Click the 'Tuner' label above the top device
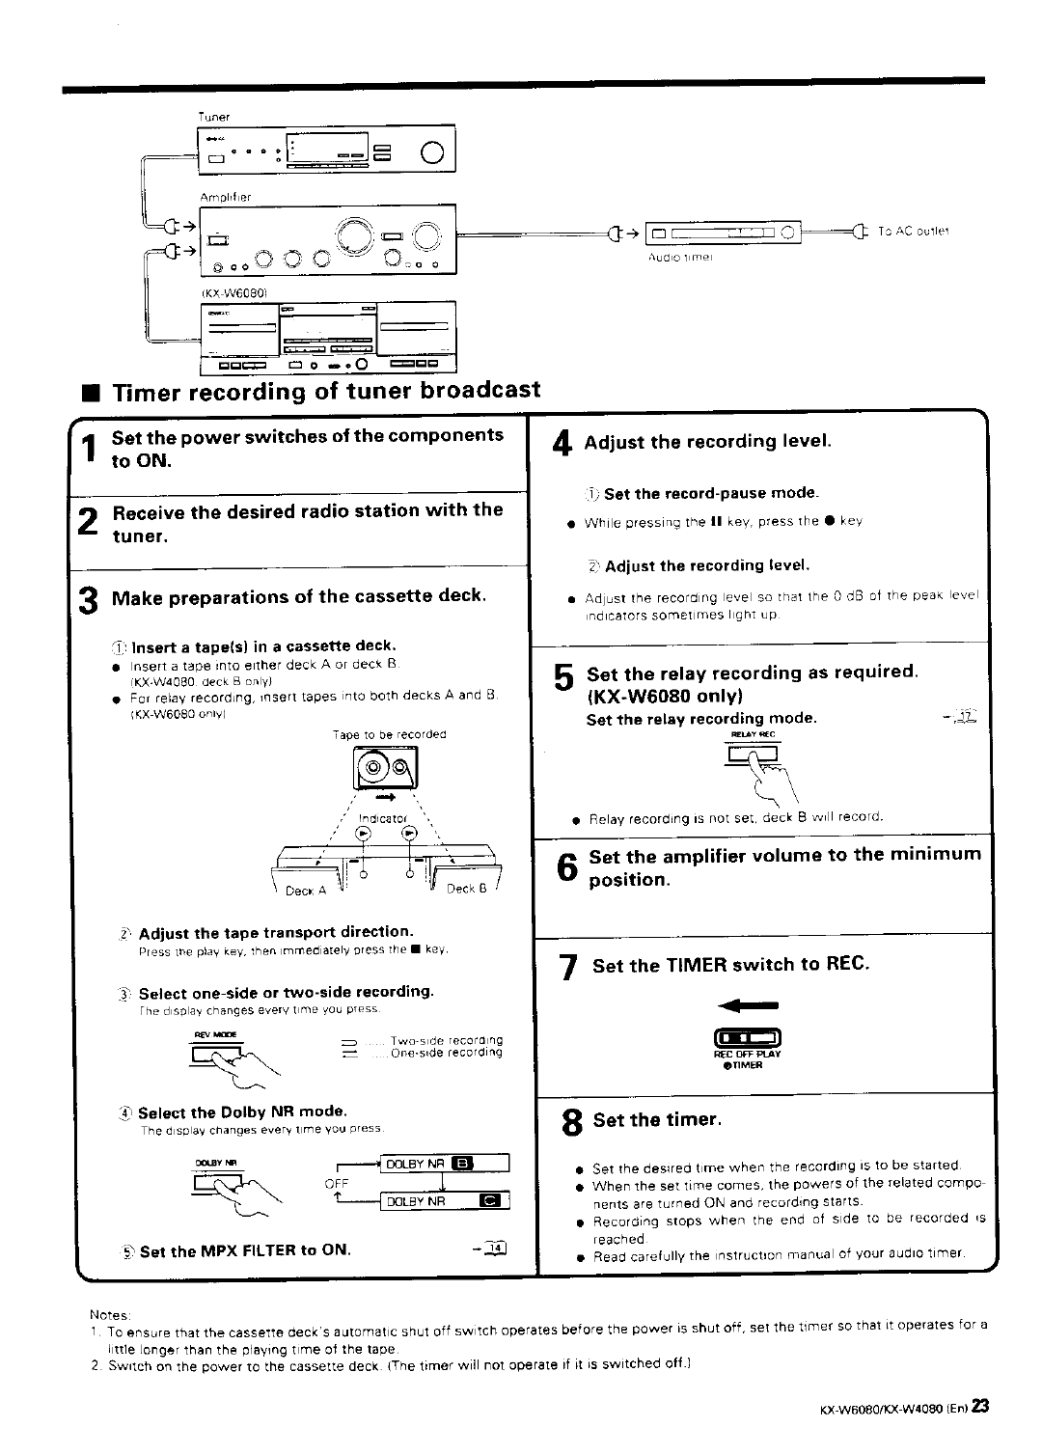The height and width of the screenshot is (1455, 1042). pyautogui.click(x=213, y=117)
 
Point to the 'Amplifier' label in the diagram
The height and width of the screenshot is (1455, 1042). pyautogui.click(x=225, y=197)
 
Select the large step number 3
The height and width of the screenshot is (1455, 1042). pyautogui.click(x=88, y=600)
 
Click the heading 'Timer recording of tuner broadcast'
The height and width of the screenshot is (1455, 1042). pyautogui.click(x=326, y=390)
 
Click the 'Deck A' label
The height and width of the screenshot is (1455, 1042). pyautogui.click(x=307, y=891)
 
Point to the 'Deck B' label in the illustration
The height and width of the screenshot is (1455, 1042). pyautogui.click(x=466, y=889)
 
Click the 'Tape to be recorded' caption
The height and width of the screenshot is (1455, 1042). pyautogui.click(x=403, y=734)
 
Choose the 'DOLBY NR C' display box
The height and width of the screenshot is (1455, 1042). pyautogui.click(x=446, y=1201)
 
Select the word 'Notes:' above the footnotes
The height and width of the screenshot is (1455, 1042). pyautogui.click(x=102, y=1314)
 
